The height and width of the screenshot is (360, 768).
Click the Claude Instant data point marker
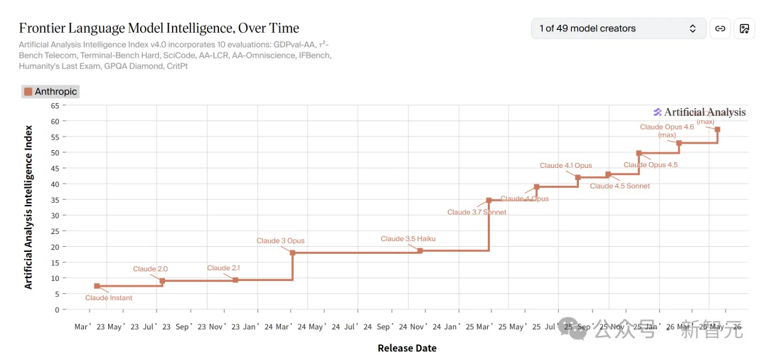tap(97, 286)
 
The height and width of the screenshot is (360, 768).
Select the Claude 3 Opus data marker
tap(292, 253)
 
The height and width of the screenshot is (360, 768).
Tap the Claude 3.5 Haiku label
tap(407, 239)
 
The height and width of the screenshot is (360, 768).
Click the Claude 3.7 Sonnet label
tap(476, 212)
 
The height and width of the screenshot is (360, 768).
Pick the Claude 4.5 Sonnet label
tap(619, 186)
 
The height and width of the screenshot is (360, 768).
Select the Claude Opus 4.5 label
tap(651, 165)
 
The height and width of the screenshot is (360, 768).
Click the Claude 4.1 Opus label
tap(565, 166)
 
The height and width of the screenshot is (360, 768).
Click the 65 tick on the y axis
tap(54, 105)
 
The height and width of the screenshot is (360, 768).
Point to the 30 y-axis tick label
tap(54, 216)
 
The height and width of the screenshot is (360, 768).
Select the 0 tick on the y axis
tap(56, 309)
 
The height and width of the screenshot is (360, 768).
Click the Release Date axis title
tap(407, 349)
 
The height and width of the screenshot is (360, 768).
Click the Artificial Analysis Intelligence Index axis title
tap(28, 208)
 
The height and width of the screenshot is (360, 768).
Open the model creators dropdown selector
tap(618, 28)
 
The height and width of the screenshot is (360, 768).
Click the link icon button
tap(720, 28)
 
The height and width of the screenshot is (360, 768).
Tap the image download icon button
tap(745, 28)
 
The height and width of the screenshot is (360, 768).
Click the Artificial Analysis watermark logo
tap(700, 112)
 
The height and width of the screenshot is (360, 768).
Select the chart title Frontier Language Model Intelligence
tap(159, 28)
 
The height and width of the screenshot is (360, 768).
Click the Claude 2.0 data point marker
tap(162, 281)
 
